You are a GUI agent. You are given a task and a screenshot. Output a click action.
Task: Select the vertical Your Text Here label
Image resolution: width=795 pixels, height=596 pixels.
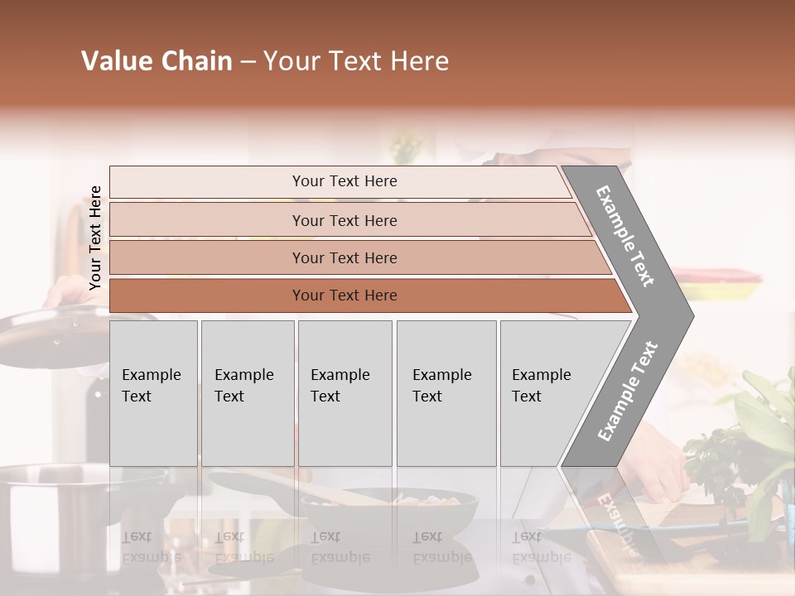(95, 238)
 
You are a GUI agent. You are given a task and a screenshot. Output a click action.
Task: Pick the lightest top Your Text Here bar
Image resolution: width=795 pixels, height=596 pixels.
(344, 181)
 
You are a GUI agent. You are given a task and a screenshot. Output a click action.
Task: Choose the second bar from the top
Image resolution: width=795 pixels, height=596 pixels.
(344, 220)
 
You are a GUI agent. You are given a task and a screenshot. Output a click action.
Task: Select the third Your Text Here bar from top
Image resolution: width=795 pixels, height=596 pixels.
(344, 257)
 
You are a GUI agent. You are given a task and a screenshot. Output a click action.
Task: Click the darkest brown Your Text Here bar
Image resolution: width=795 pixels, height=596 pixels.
(344, 296)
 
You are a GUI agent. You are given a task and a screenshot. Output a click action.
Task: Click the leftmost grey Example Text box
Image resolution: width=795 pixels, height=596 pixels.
(153, 392)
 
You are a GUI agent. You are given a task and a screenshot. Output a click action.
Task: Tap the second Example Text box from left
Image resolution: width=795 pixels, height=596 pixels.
(247, 392)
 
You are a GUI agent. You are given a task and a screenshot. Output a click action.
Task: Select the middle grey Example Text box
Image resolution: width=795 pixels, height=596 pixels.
(344, 392)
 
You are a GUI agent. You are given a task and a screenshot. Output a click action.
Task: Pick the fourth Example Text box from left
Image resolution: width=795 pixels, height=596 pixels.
(446, 392)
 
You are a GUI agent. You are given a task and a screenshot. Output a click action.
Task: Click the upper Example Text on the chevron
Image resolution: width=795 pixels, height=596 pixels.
(625, 236)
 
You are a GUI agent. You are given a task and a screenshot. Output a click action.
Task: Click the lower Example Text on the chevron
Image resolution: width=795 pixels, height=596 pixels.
(627, 391)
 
